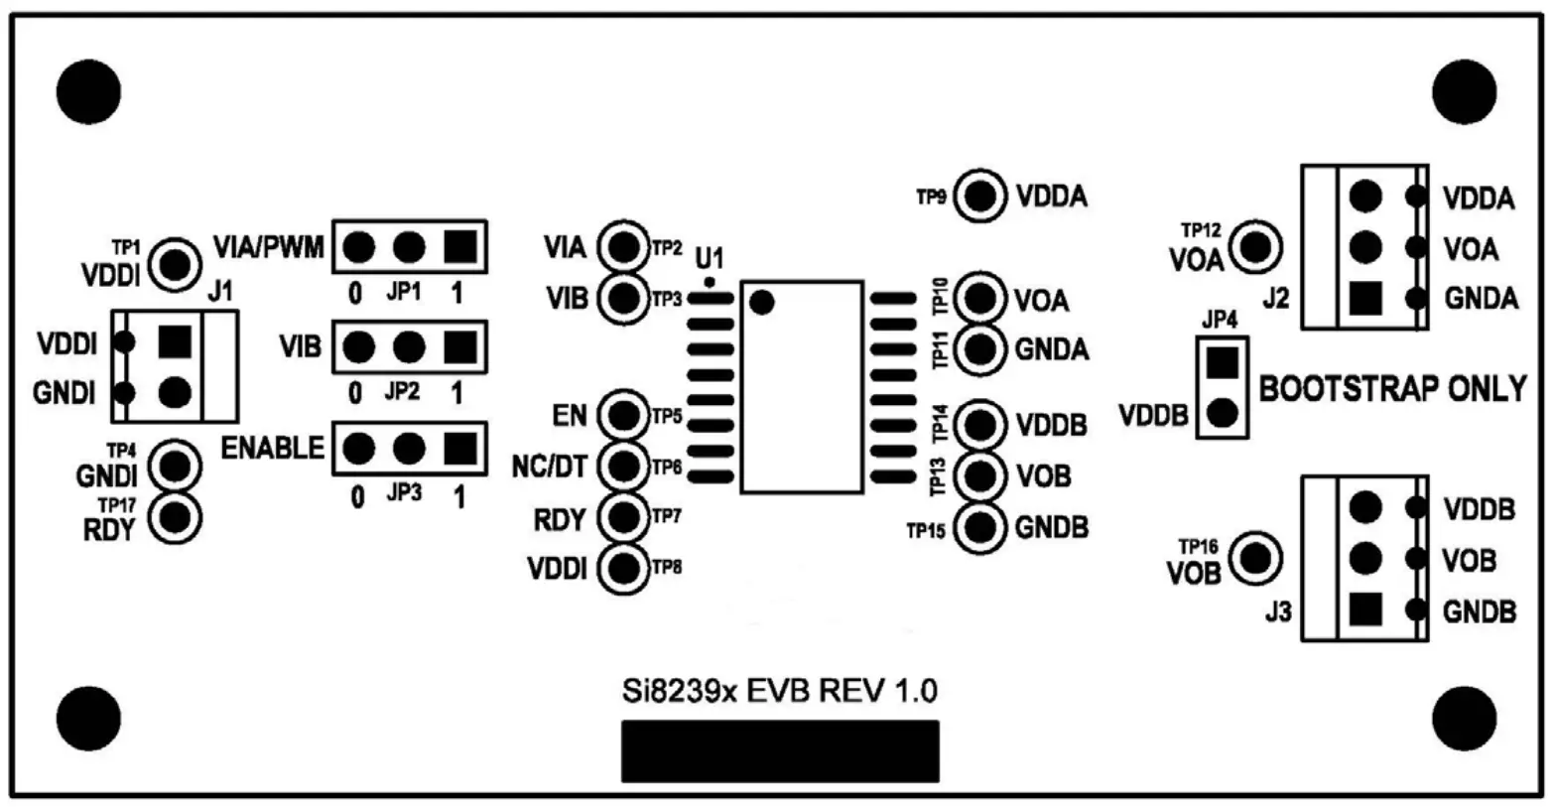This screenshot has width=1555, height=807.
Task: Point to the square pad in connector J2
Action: coord(1366,296)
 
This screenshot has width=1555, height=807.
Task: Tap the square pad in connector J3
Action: coord(1366,609)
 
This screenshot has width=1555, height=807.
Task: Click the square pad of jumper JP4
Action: coord(1222,362)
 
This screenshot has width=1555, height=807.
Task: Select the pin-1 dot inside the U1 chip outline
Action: coord(761,303)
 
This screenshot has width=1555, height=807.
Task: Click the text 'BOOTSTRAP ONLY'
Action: coord(1392,389)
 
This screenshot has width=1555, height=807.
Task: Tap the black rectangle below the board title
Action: coord(779,751)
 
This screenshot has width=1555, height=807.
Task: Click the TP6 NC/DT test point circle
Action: coord(624,465)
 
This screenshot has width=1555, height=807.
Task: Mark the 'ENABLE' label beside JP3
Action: coord(272,449)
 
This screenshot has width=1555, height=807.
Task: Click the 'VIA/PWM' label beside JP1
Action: coord(269,246)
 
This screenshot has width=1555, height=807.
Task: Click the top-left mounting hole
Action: coord(88,92)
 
